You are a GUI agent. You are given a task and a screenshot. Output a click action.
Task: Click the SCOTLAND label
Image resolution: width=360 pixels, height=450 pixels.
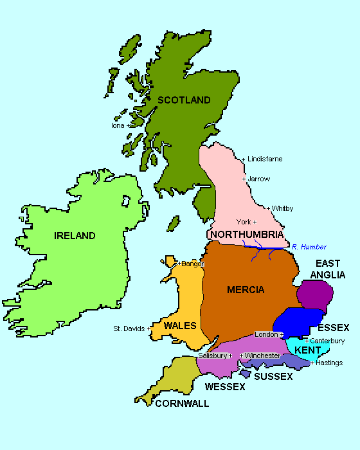184,100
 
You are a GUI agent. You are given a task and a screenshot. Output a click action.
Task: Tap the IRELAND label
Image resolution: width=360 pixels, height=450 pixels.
75,236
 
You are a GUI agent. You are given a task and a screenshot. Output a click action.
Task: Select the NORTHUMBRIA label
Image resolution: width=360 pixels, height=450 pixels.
246,234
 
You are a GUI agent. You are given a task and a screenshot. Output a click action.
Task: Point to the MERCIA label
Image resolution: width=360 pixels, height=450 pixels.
246,290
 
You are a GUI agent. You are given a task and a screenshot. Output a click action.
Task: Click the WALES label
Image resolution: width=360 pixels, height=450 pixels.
180,326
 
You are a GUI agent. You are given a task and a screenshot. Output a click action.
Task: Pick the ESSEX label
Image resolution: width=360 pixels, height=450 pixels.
334,327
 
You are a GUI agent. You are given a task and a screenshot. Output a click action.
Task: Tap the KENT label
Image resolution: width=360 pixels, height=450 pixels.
307,350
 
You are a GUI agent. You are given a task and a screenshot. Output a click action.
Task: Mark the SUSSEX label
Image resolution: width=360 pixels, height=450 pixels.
273,376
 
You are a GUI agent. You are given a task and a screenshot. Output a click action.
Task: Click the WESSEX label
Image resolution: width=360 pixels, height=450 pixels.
225,387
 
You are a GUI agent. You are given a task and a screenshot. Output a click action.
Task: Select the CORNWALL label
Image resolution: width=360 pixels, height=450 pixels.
182,404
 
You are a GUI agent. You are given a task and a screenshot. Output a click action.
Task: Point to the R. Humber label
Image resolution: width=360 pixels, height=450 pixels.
309,247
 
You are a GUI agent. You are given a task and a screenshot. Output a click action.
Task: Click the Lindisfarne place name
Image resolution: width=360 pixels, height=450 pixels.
265,159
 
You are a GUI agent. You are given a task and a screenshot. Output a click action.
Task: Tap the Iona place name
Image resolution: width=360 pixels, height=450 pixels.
118,125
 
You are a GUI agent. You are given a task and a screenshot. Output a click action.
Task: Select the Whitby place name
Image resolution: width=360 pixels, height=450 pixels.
282,208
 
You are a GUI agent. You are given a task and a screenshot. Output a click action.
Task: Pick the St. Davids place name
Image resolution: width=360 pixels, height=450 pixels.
129,328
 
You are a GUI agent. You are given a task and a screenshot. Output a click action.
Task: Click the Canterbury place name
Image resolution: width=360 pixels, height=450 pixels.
327,341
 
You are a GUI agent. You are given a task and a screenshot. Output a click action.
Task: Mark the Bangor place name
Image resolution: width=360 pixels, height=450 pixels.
192,264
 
